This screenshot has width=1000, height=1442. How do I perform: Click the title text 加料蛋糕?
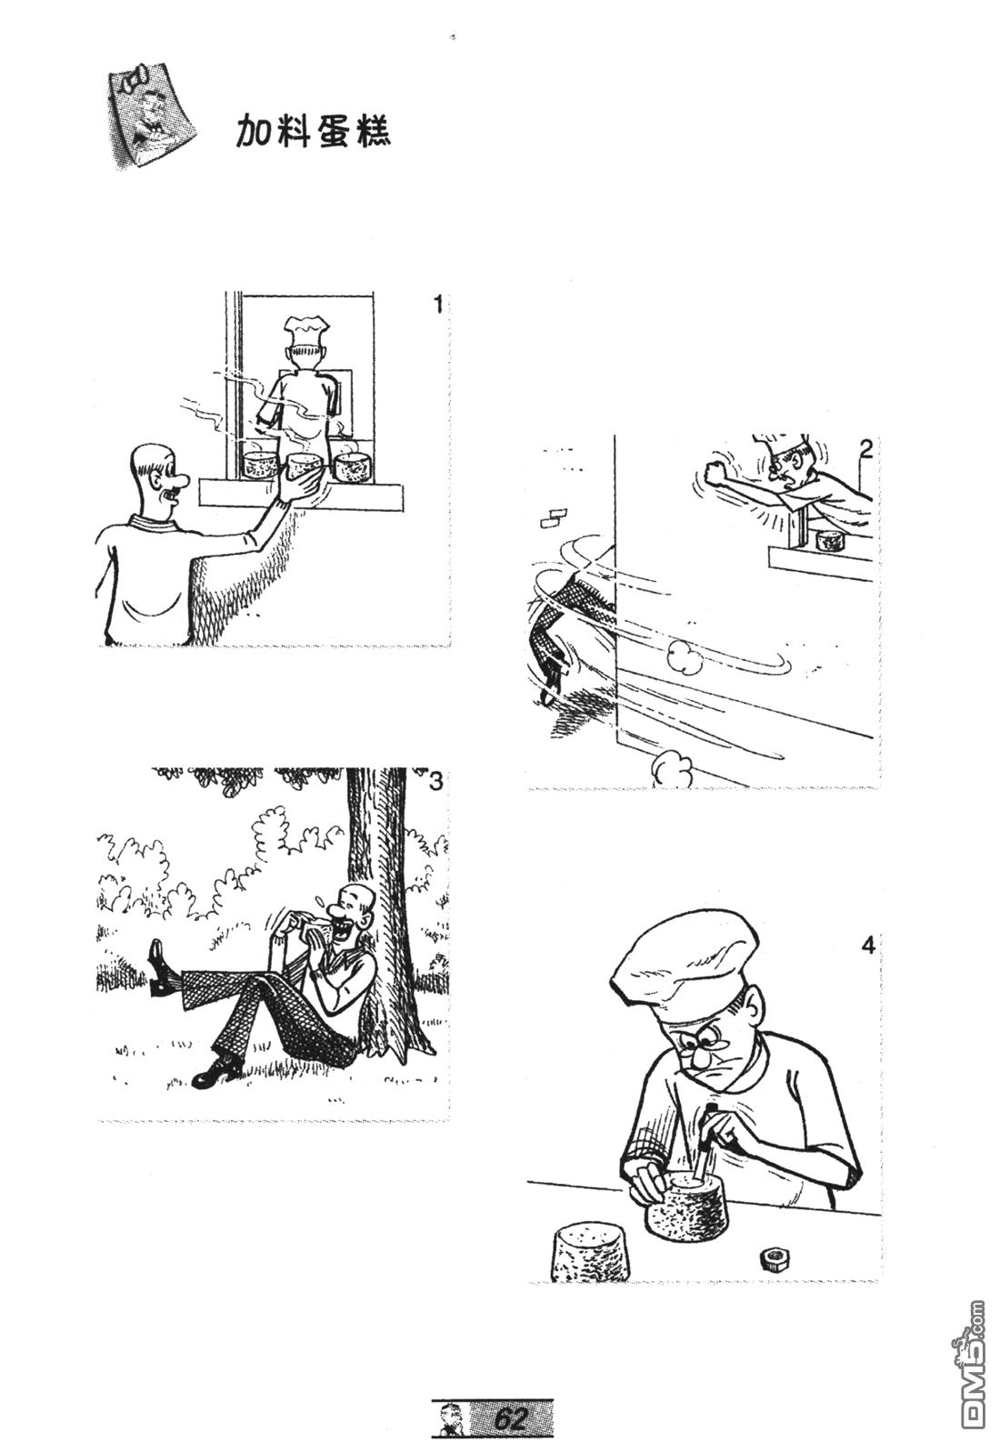tap(314, 133)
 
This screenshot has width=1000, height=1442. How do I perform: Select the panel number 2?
tap(865, 450)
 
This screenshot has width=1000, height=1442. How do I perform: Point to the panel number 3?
tap(436, 782)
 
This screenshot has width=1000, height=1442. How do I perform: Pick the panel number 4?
tap(868, 946)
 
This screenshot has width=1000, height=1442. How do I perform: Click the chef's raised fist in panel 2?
tap(715, 470)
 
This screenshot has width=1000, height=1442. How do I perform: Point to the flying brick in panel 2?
tap(554, 518)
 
